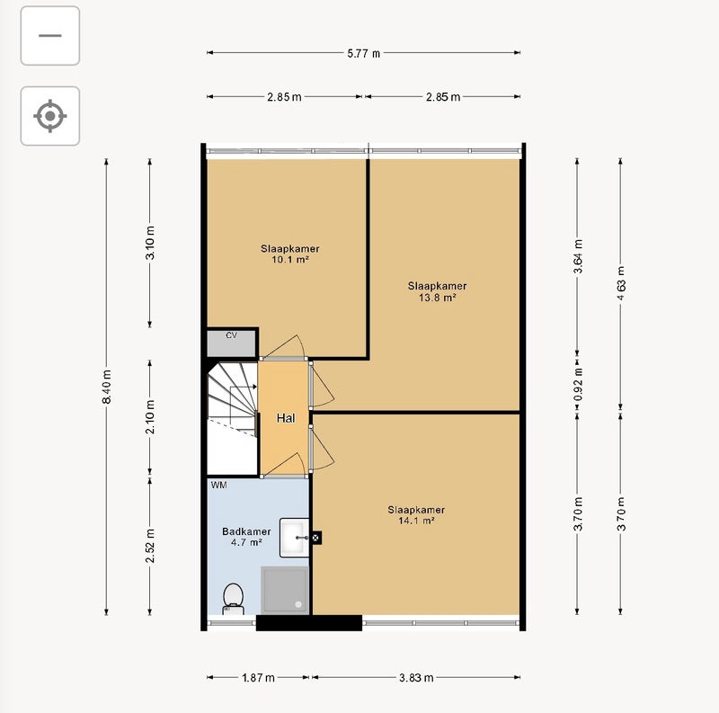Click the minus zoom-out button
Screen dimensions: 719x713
point(50,36)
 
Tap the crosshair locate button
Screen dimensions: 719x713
point(50,116)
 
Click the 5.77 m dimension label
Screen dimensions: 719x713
point(364,53)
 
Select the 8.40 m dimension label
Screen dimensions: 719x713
point(106,387)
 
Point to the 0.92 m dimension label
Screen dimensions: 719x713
point(578,384)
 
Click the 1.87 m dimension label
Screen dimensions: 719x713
point(258,678)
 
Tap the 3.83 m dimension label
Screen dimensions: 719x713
point(416,678)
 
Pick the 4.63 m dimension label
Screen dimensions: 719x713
point(621,283)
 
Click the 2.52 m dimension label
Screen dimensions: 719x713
point(150,546)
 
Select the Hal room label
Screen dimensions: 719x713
point(286,418)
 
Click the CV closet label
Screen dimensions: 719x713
point(232,335)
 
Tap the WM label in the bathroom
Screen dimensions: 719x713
point(218,485)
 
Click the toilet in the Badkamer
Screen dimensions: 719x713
point(233,598)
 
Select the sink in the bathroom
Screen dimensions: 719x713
point(294,538)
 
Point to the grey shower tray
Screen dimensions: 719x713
point(285,590)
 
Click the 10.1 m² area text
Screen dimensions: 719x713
point(289,260)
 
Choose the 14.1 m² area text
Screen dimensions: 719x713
point(416,521)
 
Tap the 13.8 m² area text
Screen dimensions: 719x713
point(437,298)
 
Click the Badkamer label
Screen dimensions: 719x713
point(246,531)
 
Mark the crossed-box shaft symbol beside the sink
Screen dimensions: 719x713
point(316,538)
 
